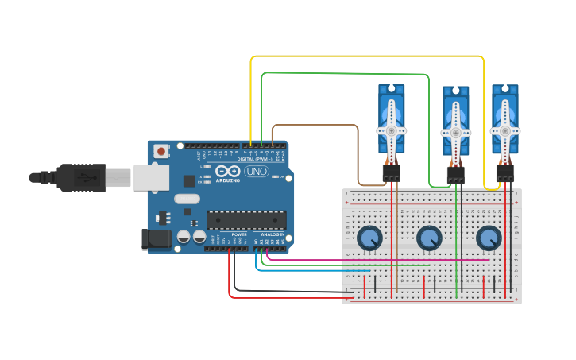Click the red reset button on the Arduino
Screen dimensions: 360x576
click(161, 150)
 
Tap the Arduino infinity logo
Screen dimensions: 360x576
click(226, 171)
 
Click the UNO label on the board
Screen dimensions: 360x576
click(256, 171)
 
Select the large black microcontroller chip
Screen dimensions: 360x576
click(246, 219)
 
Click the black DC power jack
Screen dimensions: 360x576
click(157, 238)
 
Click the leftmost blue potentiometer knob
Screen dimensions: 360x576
click(369, 237)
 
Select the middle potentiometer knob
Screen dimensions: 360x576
click(428, 237)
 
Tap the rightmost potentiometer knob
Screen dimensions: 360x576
click(488, 237)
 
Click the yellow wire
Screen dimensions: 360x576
click(365, 56)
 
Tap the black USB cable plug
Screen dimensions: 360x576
click(79, 177)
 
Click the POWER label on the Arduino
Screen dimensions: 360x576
click(239, 234)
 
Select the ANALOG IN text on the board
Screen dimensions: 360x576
click(272, 234)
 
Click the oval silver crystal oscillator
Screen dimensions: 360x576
click(187, 199)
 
